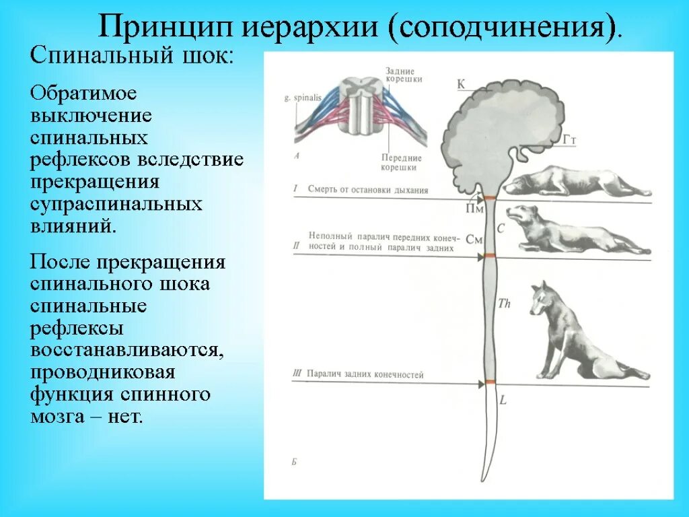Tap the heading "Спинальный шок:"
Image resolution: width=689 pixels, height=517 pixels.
click(131, 56)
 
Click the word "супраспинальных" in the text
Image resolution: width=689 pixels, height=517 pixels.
click(116, 203)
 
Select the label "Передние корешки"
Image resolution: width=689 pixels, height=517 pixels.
click(401, 162)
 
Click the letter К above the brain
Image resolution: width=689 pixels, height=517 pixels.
click(462, 84)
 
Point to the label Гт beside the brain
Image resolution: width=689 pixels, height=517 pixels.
click(571, 139)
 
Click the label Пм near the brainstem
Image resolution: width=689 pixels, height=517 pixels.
click(475, 209)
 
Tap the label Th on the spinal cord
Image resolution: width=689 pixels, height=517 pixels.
click(504, 304)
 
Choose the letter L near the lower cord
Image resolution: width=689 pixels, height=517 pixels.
click(503, 400)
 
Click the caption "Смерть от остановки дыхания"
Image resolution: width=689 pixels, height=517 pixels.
click(368, 190)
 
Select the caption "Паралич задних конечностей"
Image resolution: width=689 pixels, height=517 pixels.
click(365, 374)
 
